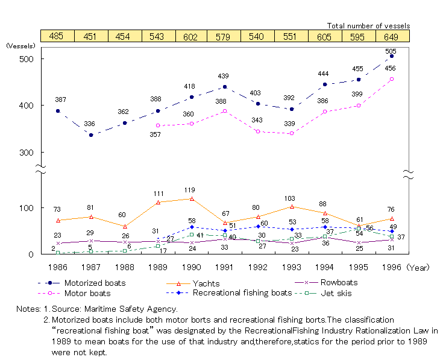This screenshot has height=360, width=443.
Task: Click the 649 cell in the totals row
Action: pyautogui.click(x=392, y=36)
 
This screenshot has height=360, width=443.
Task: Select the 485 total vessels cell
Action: pyautogui.click(x=57, y=36)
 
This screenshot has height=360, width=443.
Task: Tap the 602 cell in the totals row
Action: pyautogui.click(x=191, y=36)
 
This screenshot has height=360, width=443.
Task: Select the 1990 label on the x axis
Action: pyautogui.click(x=191, y=265)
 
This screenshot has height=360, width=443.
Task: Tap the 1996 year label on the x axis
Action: pyautogui.click(x=391, y=265)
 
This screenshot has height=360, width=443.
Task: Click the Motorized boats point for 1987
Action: pyautogui.click(x=91, y=134)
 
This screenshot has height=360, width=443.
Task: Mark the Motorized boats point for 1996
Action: pyautogui.click(x=392, y=56)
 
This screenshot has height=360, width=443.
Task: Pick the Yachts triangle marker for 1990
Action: pyautogui.click(x=191, y=198)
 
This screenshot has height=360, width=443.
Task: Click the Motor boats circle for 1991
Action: pyautogui.click(x=225, y=111)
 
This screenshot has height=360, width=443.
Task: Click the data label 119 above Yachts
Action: pyautogui.click(x=190, y=190)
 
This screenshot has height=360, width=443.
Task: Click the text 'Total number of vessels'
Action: pyautogui.click(x=368, y=25)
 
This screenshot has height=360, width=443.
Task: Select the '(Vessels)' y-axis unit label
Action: pyautogui.click(x=21, y=45)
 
